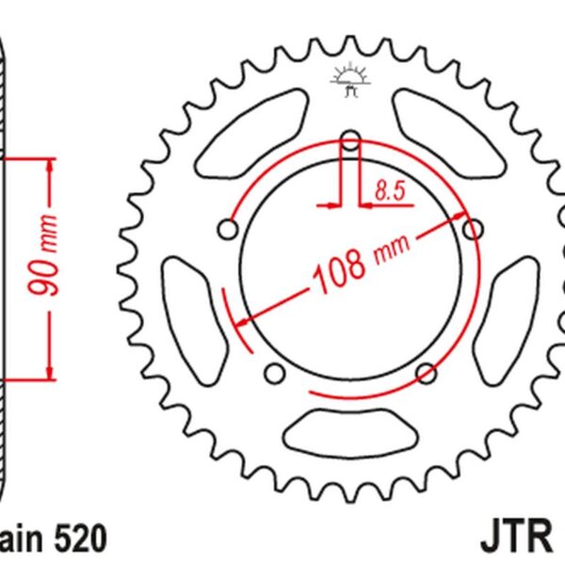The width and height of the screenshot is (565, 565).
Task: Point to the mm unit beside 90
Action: tap(50, 232)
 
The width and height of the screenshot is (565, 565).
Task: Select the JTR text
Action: tap(519, 540)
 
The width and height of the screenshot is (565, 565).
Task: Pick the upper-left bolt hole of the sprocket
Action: tap(228, 229)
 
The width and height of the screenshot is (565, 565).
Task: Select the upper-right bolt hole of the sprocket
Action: tap(473, 228)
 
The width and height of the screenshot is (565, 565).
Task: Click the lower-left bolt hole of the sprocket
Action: tap(275, 374)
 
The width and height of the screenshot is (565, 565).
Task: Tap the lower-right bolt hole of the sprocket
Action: tap(425, 373)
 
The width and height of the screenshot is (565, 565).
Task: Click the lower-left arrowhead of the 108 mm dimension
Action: tap(242, 322)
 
